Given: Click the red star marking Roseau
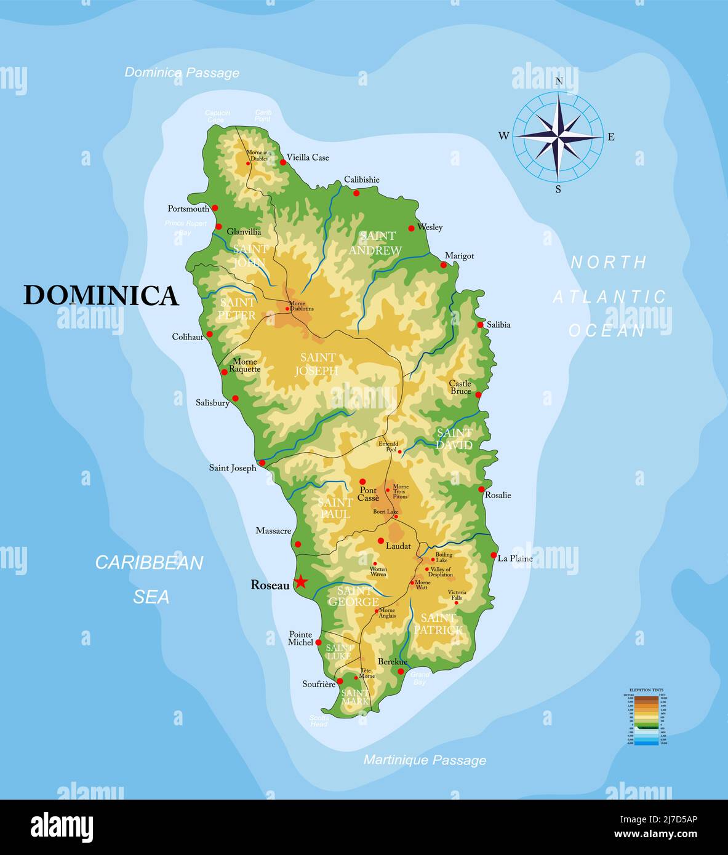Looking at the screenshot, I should (x=300, y=581).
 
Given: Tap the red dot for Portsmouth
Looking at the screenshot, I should (x=215, y=208).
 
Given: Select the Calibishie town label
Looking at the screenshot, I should (x=361, y=180).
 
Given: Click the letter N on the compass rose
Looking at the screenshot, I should (x=559, y=81).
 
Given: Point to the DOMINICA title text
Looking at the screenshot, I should (x=101, y=295).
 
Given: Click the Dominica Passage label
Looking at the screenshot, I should (x=182, y=73).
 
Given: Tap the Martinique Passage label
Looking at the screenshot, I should (x=425, y=760).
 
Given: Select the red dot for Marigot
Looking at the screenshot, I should (x=444, y=265).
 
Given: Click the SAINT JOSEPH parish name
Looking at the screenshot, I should (x=317, y=364).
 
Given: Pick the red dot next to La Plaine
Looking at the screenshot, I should (x=494, y=555).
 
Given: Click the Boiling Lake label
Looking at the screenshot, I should (x=444, y=557).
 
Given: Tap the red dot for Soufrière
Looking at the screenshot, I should (x=340, y=681).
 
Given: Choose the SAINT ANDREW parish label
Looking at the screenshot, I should (x=375, y=243).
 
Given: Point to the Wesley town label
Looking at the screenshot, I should (x=430, y=227).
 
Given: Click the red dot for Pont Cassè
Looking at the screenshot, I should (x=362, y=482).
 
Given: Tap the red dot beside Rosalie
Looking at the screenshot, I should (x=481, y=490).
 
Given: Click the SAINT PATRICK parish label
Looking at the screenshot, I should (x=438, y=624).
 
